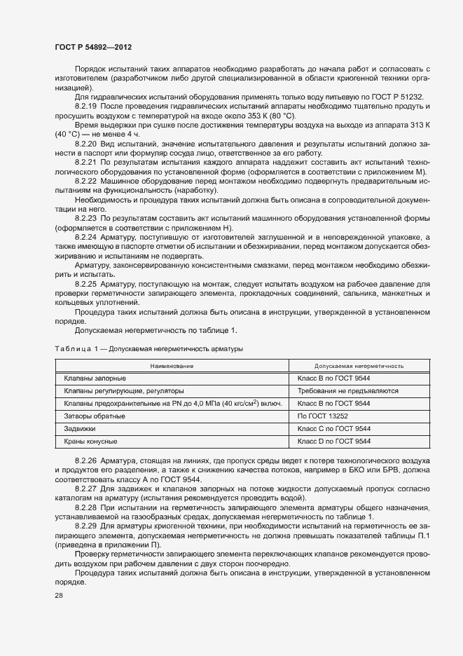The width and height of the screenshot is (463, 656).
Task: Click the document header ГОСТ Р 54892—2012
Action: (x=93, y=47)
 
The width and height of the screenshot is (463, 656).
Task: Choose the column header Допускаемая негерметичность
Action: (x=359, y=366)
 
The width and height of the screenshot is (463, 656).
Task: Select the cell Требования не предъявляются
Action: (x=347, y=391)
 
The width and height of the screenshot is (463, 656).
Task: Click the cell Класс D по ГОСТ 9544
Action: (x=334, y=442)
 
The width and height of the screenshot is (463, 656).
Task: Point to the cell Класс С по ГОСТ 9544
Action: (x=334, y=429)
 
